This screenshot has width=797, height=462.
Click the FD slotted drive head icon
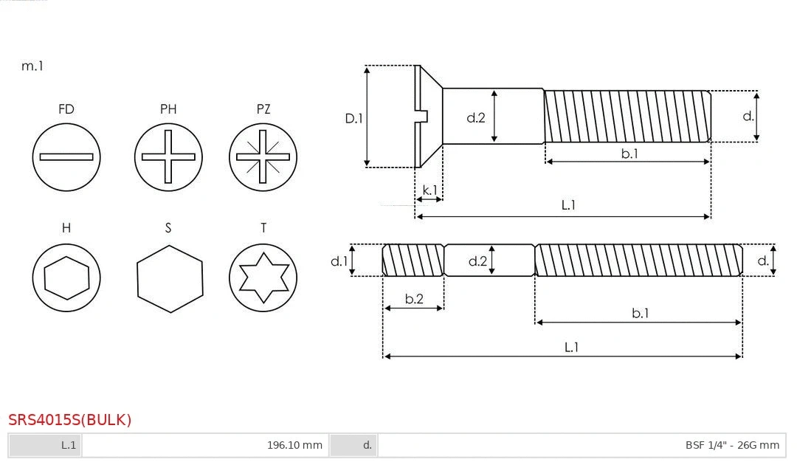coord(66,156)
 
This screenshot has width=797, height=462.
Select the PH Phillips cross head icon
coord(168,156)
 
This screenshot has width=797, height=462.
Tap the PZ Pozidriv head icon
coord(263,156)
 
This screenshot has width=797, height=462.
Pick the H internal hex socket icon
coord(66,278)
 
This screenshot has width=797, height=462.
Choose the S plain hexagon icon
coord(170,278)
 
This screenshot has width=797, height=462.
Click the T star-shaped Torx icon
coord(263,278)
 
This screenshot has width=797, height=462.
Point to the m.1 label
coord(32,66)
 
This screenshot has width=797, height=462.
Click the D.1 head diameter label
coord(354,117)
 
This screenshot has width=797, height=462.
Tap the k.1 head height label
coord(429,190)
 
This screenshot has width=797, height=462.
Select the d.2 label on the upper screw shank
coord(476,117)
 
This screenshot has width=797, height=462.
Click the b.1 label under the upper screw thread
coord(629,154)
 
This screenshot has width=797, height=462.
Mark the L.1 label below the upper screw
coord(568,205)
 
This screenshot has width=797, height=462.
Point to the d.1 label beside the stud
coord(339,261)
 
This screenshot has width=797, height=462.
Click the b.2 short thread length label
coord(414,299)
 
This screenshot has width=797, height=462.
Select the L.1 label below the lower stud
coord(571,347)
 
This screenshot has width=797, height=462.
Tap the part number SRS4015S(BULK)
coord(70,420)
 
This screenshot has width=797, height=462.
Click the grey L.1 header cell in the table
coord(45,445)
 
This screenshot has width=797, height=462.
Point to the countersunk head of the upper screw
coord(429,116)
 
